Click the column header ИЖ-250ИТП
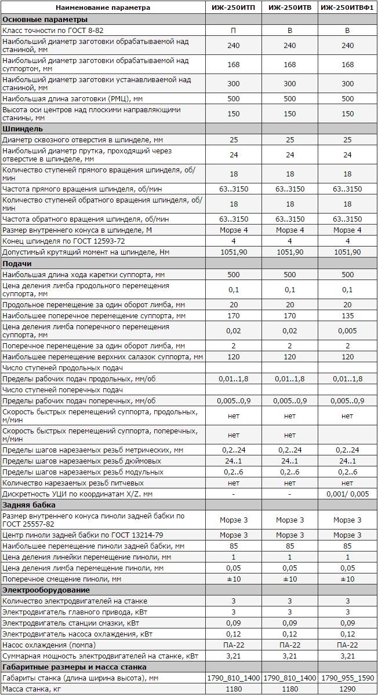pos(233,8)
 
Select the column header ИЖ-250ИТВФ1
pos(347,8)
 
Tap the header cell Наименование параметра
pos(103,8)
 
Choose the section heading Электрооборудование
pos(46,590)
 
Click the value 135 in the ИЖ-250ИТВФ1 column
pos(347,316)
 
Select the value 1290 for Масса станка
pos(347,689)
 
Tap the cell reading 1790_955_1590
pos(347,678)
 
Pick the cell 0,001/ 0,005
pos(347,494)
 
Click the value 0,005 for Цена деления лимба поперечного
pos(347,331)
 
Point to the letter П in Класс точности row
pos(233,30)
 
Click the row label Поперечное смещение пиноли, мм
pos(62,579)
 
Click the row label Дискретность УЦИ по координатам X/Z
pos(78,494)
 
